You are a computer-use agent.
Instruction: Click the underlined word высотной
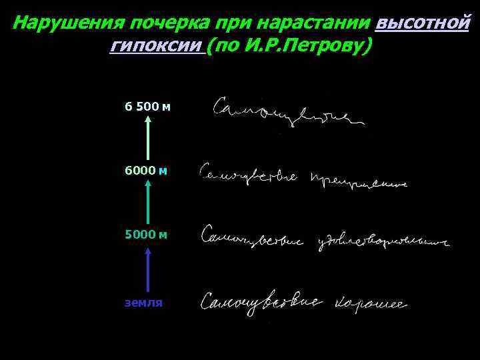[x=422, y=23]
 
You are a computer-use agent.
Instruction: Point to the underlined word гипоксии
[x=155, y=47]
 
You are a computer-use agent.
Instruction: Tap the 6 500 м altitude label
[x=148, y=106]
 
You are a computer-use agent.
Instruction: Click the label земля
[x=143, y=302]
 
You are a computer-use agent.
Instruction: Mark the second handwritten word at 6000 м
[x=357, y=180]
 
